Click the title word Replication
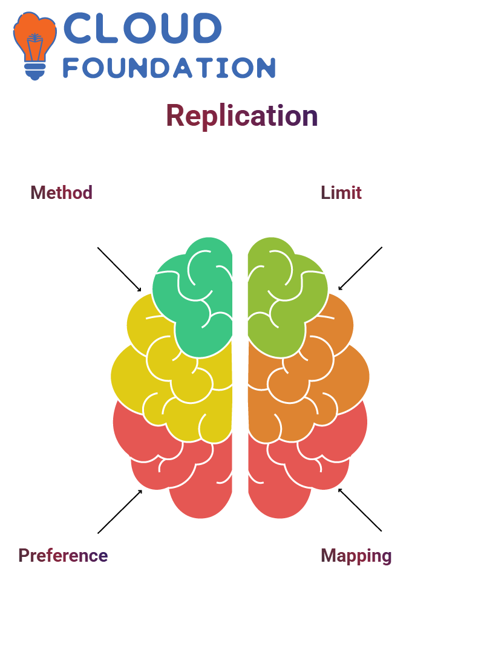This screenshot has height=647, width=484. pyautogui.click(x=241, y=116)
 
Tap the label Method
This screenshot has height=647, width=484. pyautogui.click(x=62, y=193)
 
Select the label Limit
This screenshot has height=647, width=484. pyautogui.click(x=341, y=193)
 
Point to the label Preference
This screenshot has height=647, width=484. pyautogui.click(x=63, y=556)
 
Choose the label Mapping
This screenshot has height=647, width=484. pyautogui.click(x=356, y=556)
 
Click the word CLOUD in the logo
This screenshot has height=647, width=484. pyautogui.click(x=142, y=28)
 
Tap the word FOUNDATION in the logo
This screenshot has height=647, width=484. pyautogui.click(x=169, y=68)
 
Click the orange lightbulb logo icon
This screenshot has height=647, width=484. pyautogui.click(x=34, y=45)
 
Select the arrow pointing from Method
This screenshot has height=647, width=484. pyautogui.click(x=119, y=270)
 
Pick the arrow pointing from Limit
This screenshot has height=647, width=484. pyautogui.click(x=360, y=268)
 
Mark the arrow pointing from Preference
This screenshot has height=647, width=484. pyautogui.click(x=120, y=512)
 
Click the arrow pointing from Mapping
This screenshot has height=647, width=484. pyautogui.click(x=360, y=510)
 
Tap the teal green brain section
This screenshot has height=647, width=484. pyautogui.click(x=194, y=301)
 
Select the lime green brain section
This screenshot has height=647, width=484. pyautogui.click(x=285, y=301)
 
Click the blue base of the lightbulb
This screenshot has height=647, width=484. pyautogui.click(x=35, y=71)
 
